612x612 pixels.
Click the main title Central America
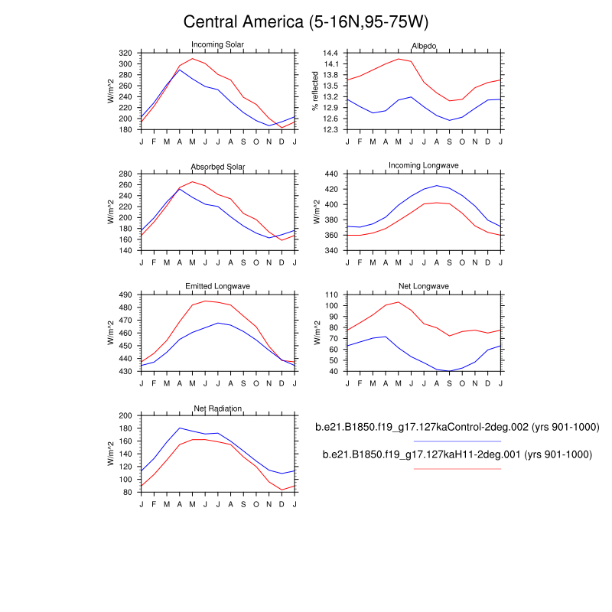point(306,21)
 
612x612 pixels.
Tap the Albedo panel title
point(424,46)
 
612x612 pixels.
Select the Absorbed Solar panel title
point(217,167)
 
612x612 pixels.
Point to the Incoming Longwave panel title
point(424,166)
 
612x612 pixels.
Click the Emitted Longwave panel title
point(217,287)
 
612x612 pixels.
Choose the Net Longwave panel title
point(424,287)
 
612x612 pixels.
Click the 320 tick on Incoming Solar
point(126,53)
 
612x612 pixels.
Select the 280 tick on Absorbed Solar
point(126,174)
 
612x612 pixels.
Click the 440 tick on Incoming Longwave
point(331,174)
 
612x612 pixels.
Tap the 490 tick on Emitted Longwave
point(126,295)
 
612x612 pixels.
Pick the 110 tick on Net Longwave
point(331,295)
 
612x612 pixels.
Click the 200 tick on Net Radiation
point(126,415)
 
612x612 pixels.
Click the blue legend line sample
point(457,441)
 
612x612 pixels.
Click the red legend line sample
point(457,468)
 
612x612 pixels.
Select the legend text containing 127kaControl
point(457,427)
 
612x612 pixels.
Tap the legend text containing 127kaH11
point(457,454)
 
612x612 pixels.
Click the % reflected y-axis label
point(314,92)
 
